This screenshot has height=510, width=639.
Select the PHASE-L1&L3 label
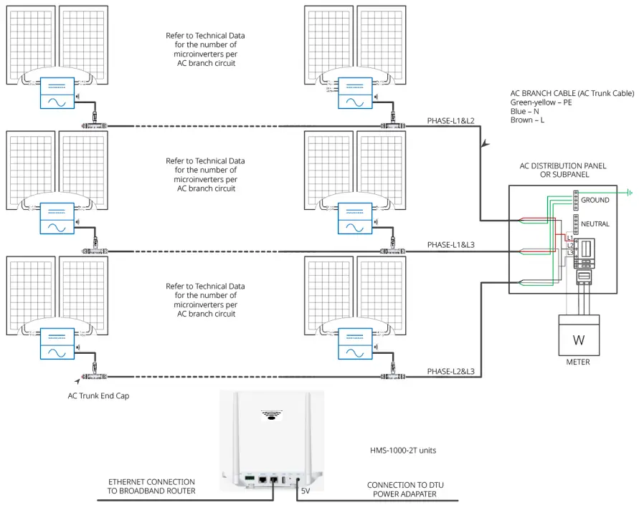(x=450, y=245)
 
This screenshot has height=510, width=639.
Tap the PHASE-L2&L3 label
(x=450, y=372)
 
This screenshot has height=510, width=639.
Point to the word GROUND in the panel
(x=595, y=200)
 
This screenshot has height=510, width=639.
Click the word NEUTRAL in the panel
(x=595, y=224)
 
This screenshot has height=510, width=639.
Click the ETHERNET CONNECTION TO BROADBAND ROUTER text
(x=151, y=486)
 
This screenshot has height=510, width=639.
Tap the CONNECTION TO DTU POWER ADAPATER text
(x=405, y=489)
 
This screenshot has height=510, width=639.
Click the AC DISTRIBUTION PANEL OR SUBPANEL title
(x=562, y=170)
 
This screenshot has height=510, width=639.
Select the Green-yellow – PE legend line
(x=541, y=102)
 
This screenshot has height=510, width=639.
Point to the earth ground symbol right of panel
(x=630, y=192)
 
